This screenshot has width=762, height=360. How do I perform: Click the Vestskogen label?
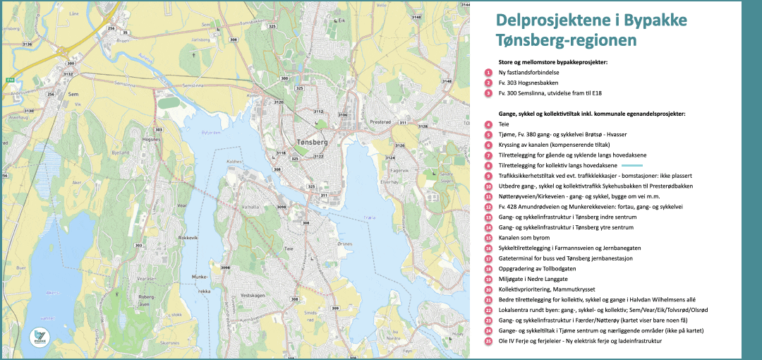pos(252,295)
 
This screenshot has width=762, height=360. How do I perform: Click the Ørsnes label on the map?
pos(345,244)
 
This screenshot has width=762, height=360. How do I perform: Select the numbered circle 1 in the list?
pos(488,73)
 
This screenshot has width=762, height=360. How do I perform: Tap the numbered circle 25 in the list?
pos(488,342)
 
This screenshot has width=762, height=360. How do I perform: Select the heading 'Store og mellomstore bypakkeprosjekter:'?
pos(552,62)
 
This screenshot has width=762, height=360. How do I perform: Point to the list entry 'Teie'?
pos(504,124)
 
